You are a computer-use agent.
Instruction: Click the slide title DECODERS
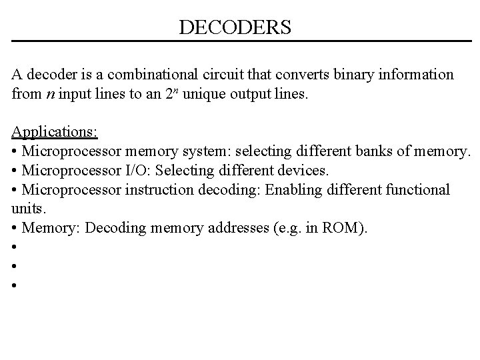point(235,27)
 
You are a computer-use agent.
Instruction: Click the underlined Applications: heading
point(55,131)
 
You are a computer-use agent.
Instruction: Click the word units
point(25,209)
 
